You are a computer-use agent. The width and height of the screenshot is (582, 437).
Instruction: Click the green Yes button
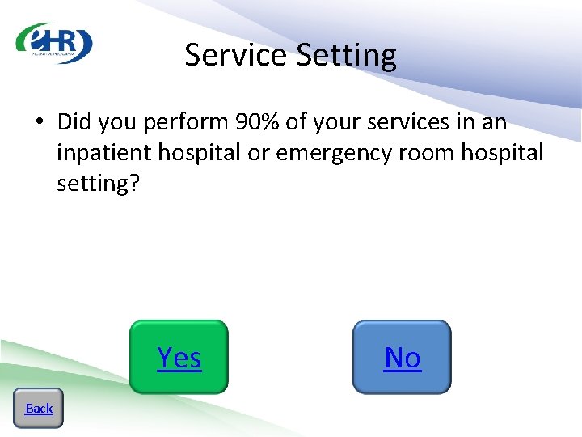coord(179,357)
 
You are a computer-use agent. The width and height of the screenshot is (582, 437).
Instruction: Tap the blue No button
coord(402,357)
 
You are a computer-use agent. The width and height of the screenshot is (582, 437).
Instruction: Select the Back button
coord(38,408)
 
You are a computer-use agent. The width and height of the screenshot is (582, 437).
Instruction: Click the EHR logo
coord(54,43)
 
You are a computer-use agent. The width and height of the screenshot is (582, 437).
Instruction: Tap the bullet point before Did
coord(38,123)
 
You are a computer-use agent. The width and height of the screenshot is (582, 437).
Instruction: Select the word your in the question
coord(334,123)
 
